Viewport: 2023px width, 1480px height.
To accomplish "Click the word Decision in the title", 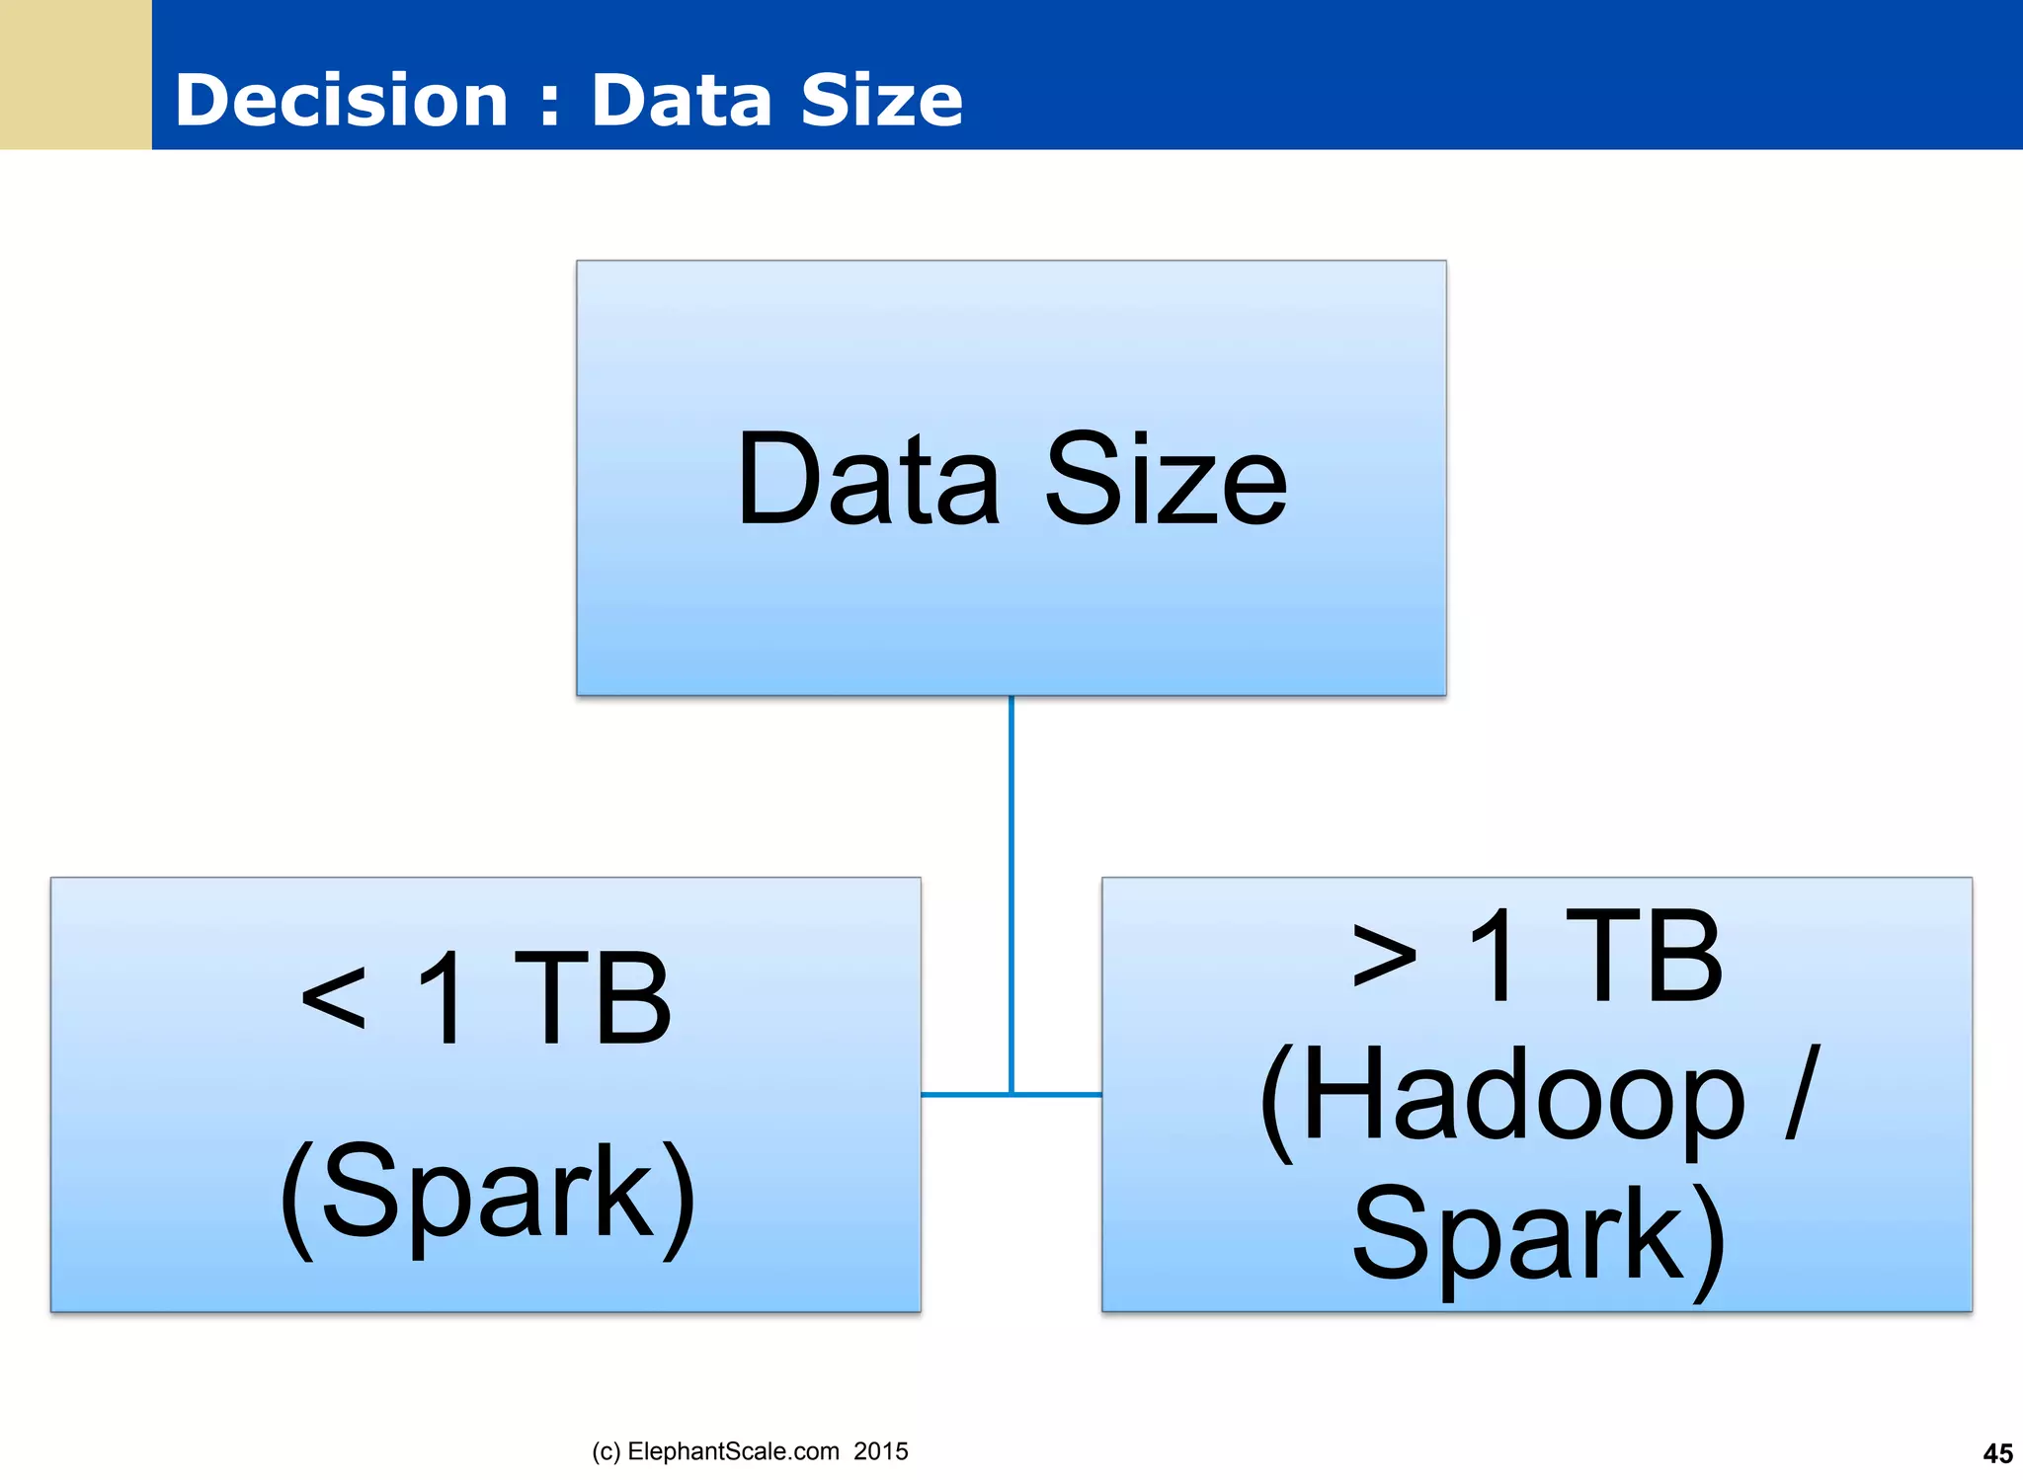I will click(x=341, y=101).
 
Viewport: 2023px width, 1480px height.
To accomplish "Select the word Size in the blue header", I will click(x=881, y=101).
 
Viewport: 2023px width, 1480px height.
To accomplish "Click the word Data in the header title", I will click(x=681, y=101).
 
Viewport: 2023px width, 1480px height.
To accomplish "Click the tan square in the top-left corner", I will click(x=75, y=74).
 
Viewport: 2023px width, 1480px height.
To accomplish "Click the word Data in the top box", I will click(x=868, y=481).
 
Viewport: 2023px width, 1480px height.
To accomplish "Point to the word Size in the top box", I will click(x=1166, y=481).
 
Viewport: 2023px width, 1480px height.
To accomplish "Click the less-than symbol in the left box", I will click(x=334, y=997).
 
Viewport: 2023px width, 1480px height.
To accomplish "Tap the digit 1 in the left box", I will click(x=442, y=997).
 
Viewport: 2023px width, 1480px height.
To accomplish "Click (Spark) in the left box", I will click(x=488, y=1193).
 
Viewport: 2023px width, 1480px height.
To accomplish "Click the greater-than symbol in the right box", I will click(x=1384, y=956).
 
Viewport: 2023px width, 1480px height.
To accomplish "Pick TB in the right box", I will click(x=1644, y=956).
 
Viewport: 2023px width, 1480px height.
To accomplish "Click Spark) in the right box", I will click(x=1537, y=1236).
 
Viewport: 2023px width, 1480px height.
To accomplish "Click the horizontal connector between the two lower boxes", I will click(x=1011, y=1094).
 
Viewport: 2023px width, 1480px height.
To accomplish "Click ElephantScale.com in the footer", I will click(x=733, y=1451).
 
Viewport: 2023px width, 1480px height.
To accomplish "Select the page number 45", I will click(x=1997, y=1453).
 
